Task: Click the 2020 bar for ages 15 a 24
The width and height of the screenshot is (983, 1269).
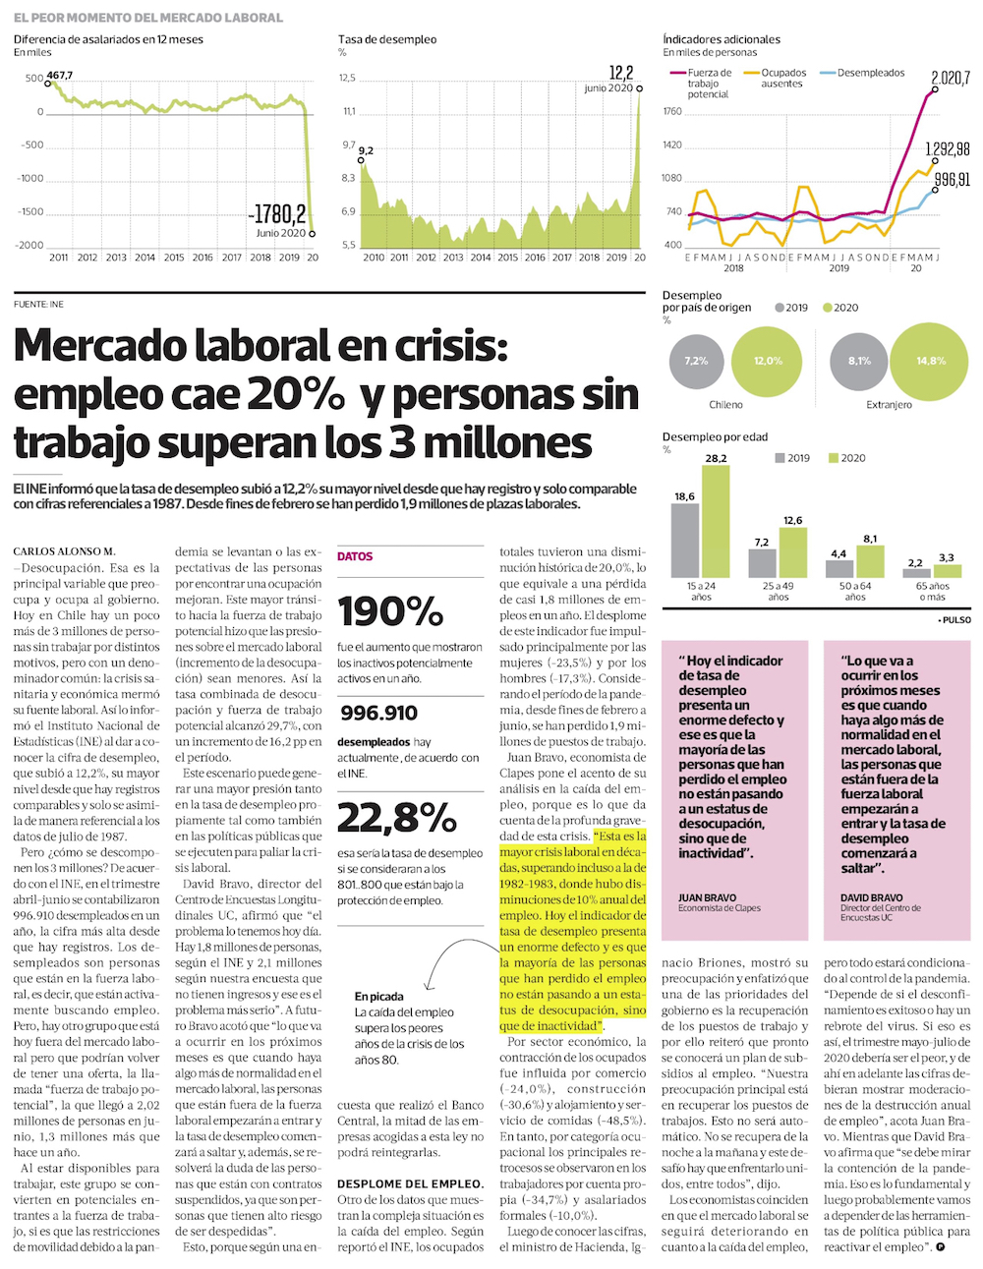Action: click(x=716, y=521)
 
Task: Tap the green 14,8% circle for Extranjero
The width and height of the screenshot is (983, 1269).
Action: click(x=930, y=361)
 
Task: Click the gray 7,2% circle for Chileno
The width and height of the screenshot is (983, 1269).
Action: click(x=696, y=361)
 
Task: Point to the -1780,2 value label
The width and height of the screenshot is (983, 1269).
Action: click(x=277, y=213)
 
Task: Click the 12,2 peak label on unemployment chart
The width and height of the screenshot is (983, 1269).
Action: click(x=621, y=73)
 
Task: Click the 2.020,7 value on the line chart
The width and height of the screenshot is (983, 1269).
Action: click(x=950, y=78)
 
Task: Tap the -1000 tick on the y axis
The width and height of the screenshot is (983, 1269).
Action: click(x=30, y=178)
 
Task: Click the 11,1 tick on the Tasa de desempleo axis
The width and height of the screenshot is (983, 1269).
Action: click(x=348, y=111)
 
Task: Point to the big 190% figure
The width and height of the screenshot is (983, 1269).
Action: click(x=390, y=611)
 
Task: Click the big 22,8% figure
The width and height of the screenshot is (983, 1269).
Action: click(x=396, y=818)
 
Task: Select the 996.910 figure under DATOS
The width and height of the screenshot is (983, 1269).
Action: click(x=379, y=713)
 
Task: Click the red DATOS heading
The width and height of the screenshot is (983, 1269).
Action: click(x=355, y=556)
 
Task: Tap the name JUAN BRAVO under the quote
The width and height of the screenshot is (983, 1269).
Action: click(x=707, y=897)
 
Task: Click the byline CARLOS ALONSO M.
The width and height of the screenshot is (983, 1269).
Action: click(x=64, y=551)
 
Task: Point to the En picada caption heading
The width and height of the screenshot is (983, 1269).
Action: click(x=379, y=996)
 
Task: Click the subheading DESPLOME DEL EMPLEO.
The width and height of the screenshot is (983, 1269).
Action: click(x=410, y=1183)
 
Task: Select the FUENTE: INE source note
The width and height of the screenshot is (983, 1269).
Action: click(x=38, y=305)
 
